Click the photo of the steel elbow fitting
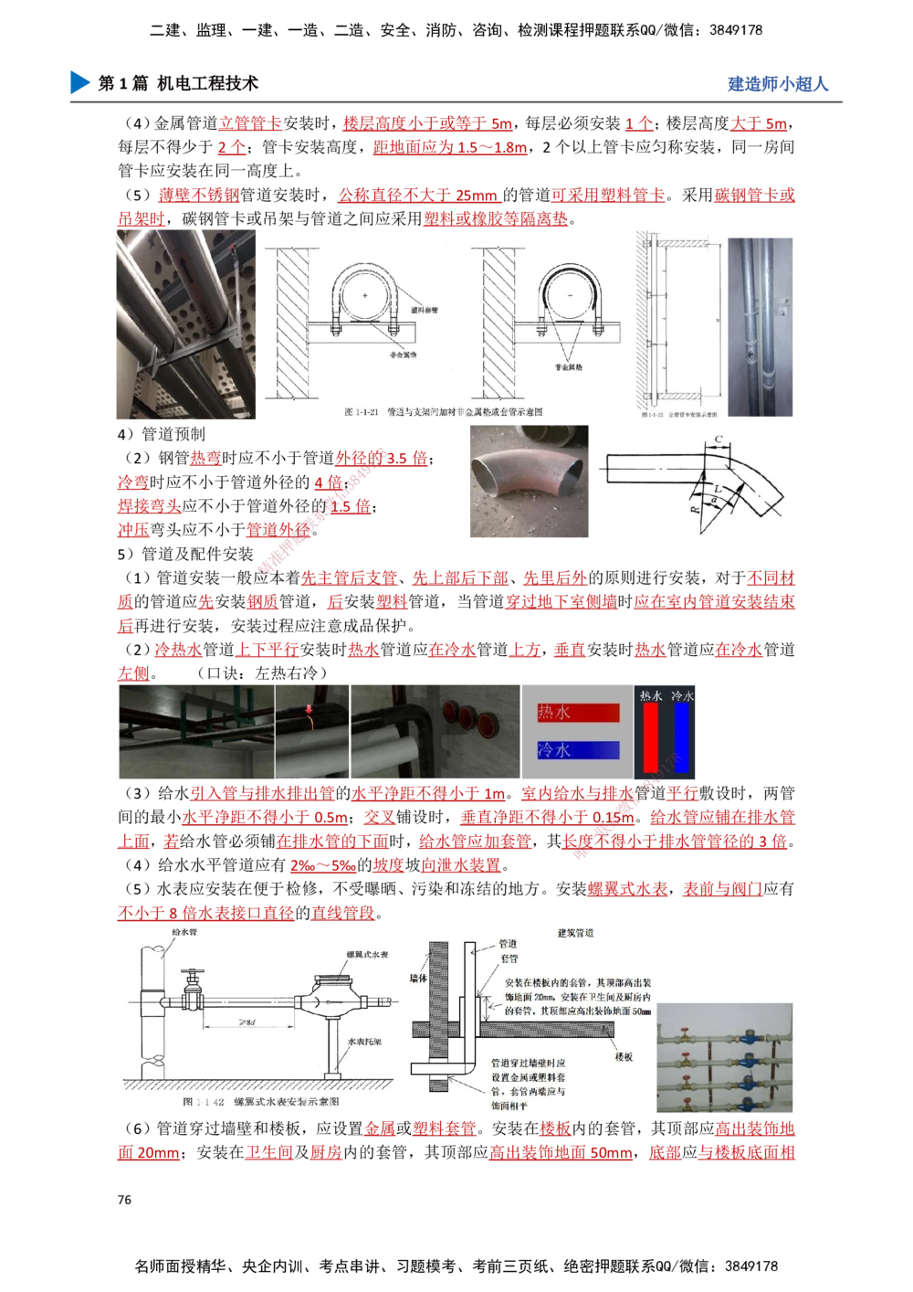(x=529, y=482)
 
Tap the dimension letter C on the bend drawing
(x=719, y=441)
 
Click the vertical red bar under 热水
(x=650, y=738)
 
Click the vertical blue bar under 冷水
(x=681, y=738)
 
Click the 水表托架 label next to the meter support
(x=365, y=1042)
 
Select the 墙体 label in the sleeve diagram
(x=418, y=979)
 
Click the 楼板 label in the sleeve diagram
(x=624, y=1056)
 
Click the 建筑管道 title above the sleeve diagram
(x=575, y=933)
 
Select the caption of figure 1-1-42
(x=261, y=1103)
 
